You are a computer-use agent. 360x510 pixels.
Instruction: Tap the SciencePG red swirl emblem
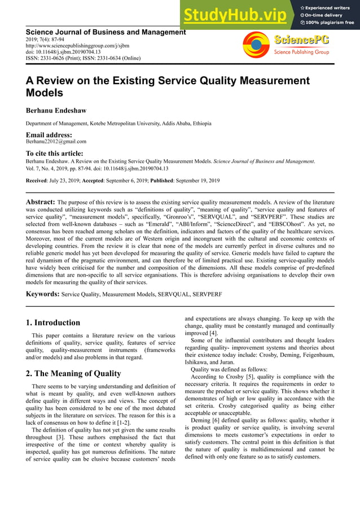pyautogui.click(x=256, y=45)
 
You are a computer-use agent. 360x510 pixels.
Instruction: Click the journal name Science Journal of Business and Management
pyautogui.click(x=106, y=33)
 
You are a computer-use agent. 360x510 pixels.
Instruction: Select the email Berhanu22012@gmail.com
pyautogui.click(x=56, y=142)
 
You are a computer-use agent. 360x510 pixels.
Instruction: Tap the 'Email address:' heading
pyautogui.click(x=49, y=135)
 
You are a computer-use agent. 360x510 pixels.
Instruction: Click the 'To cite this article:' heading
pyautogui.click(x=55, y=153)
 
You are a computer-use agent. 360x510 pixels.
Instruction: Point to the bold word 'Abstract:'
pyautogui.click(x=41, y=202)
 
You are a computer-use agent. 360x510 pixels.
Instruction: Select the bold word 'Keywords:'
pyautogui.click(x=43, y=294)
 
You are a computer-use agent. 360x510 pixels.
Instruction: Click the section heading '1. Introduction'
pyautogui.click(x=53, y=323)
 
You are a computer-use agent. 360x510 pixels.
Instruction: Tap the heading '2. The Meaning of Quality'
pyautogui.click(x=73, y=373)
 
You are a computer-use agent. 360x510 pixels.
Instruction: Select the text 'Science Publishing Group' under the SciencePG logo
pyautogui.click(x=301, y=52)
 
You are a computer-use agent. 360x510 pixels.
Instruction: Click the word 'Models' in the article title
pyautogui.click(x=45, y=93)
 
